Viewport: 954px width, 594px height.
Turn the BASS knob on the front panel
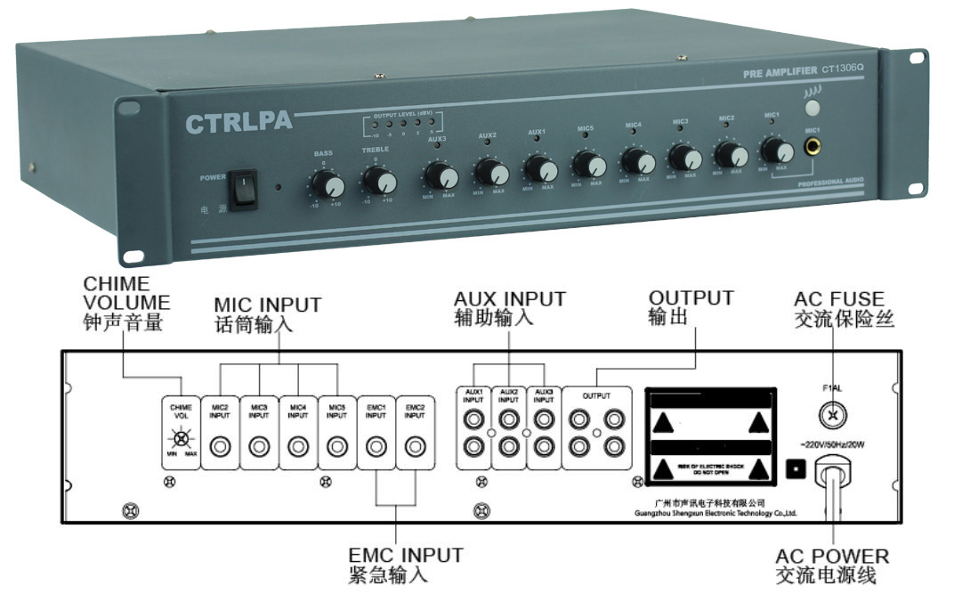click(330, 184)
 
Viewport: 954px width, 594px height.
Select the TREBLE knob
click(382, 182)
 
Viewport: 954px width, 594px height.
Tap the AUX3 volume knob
click(437, 175)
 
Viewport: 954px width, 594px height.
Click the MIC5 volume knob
click(586, 164)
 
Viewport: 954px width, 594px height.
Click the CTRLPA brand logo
click(238, 124)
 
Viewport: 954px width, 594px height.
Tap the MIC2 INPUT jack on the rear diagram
click(220, 445)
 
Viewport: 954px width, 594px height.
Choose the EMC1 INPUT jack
click(376, 445)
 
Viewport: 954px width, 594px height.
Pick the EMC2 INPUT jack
click(414, 445)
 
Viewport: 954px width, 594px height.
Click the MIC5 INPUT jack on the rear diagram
click(336, 445)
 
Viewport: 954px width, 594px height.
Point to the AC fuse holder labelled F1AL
click(834, 414)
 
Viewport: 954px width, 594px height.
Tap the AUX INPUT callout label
click(509, 308)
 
